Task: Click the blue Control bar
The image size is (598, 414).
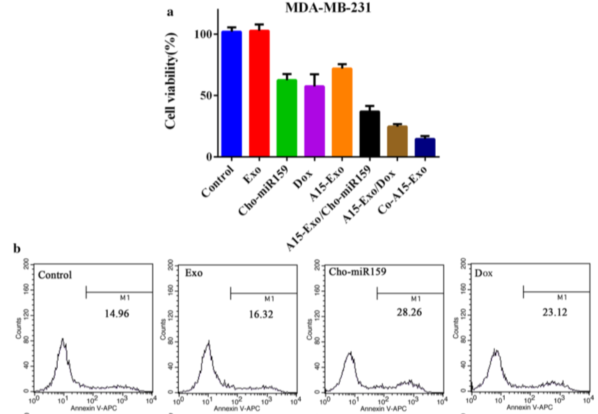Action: pos(231,94)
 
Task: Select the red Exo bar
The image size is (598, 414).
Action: pos(260,93)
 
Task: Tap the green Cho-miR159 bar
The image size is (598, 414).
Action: pos(286,118)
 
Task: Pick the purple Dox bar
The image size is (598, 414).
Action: pos(315,121)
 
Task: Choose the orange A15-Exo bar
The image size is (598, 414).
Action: pos(342,112)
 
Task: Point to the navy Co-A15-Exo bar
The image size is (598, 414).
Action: pos(425,148)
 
